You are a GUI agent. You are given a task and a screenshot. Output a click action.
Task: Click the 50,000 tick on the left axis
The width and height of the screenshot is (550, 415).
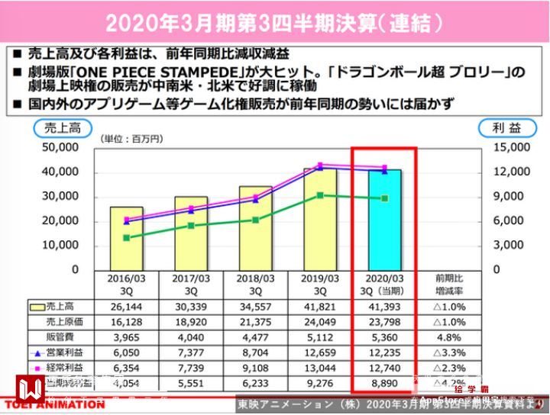click(60, 146)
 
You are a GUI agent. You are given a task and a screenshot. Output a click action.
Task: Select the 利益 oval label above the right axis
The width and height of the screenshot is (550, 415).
click(502, 127)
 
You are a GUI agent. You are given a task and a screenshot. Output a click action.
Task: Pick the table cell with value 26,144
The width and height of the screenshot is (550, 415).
click(126, 306)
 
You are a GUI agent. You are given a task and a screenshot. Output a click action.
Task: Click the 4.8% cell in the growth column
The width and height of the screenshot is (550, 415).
click(451, 337)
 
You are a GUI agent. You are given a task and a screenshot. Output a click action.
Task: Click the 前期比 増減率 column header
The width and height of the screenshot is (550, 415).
click(451, 285)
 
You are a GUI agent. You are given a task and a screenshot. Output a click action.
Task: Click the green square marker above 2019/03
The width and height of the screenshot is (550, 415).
click(320, 195)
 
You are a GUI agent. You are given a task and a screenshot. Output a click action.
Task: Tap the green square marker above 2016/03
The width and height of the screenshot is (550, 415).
click(126, 238)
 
